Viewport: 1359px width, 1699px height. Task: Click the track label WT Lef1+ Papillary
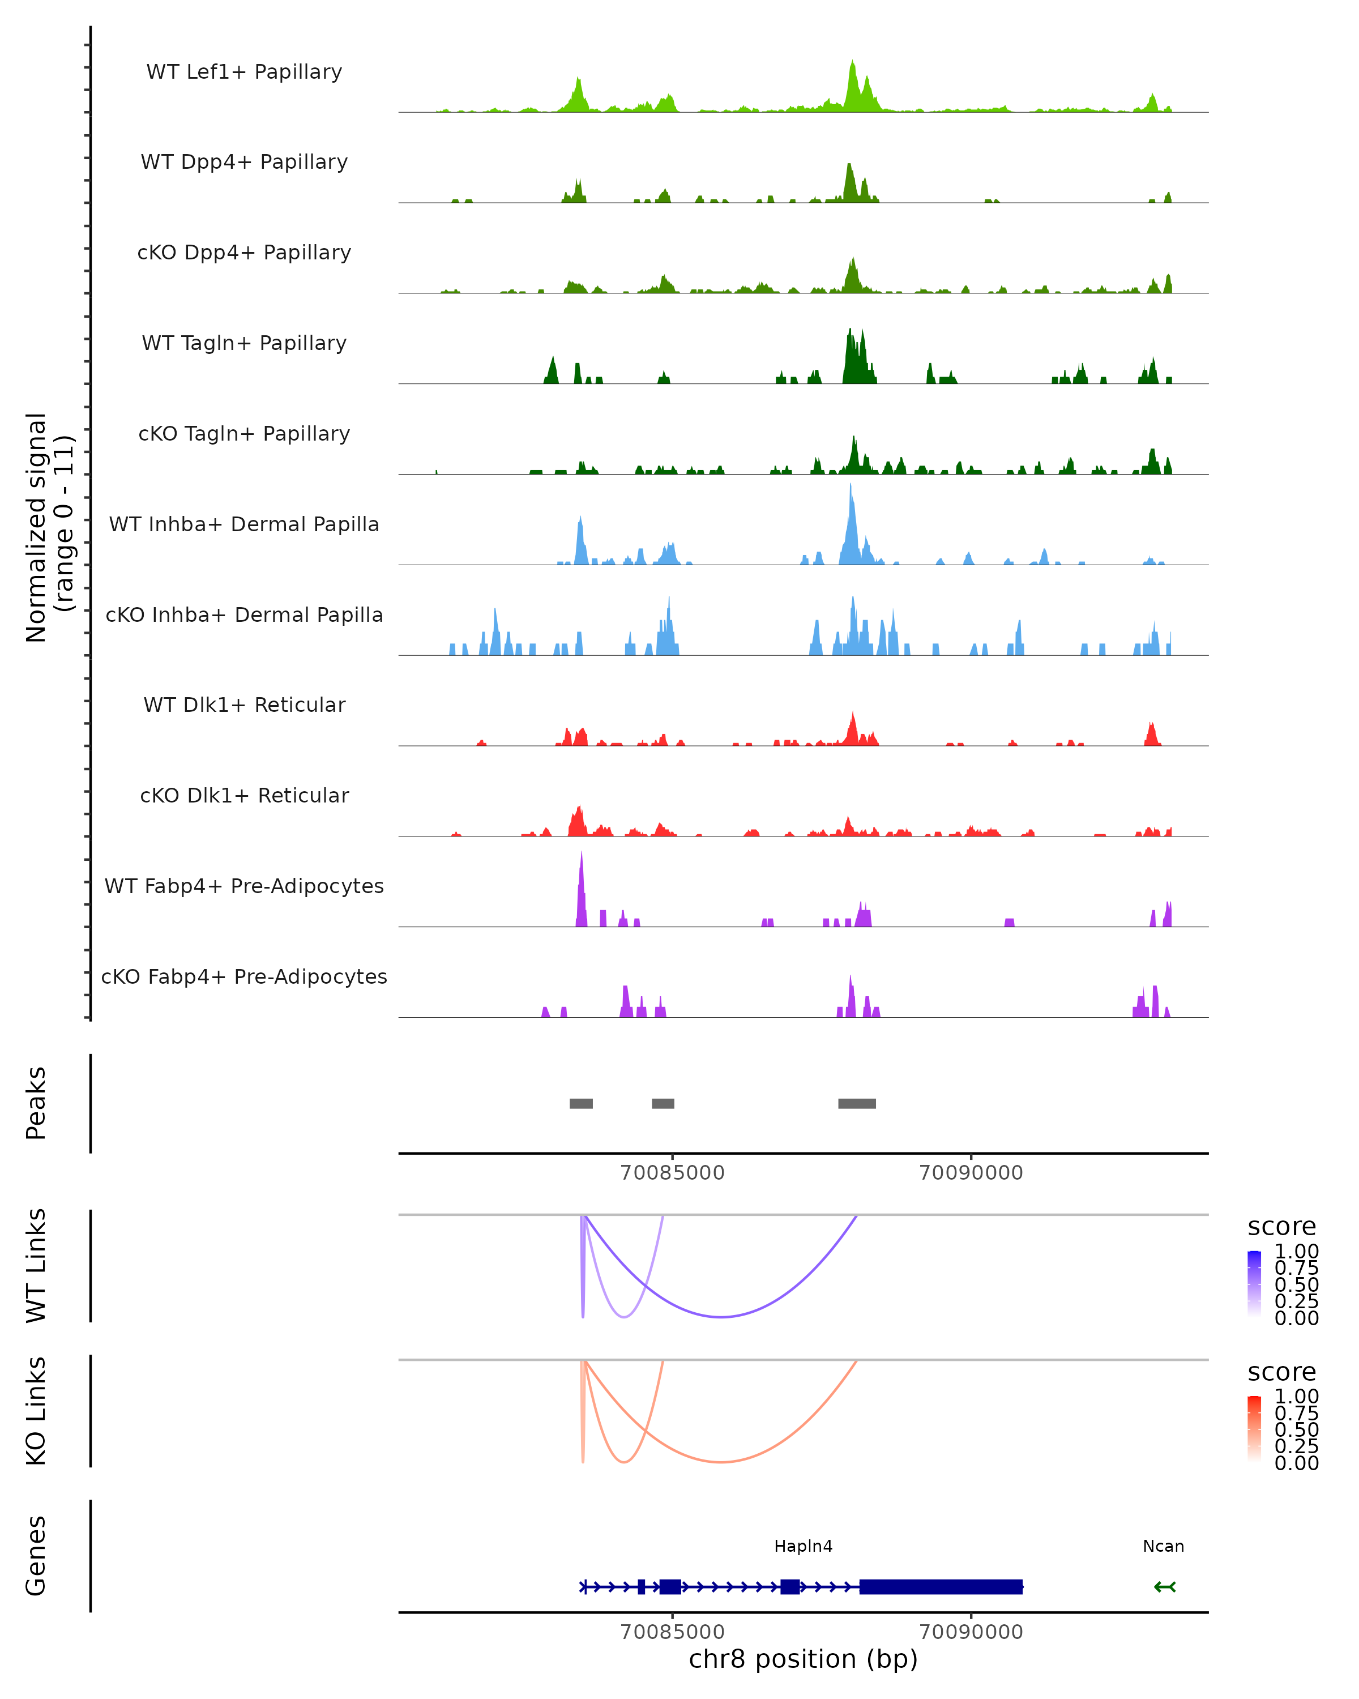pyautogui.click(x=244, y=72)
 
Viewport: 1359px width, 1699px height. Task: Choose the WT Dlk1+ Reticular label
pyautogui.click(x=244, y=705)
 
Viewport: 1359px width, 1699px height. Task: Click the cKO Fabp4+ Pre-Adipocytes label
pyautogui.click(x=244, y=976)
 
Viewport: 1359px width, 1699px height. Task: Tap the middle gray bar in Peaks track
pyautogui.click(x=663, y=1103)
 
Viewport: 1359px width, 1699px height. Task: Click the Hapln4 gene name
pyautogui.click(x=803, y=1546)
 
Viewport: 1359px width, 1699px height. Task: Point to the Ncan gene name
pyautogui.click(x=1163, y=1546)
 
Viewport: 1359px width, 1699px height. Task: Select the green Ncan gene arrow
pyautogui.click(x=1164, y=1586)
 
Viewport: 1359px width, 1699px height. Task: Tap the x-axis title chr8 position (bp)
pyautogui.click(x=803, y=1659)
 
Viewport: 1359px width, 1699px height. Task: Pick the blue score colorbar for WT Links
pyautogui.click(x=1254, y=1283)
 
